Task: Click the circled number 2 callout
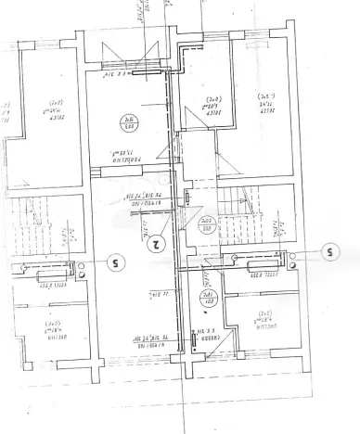click(x=156, y=246)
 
